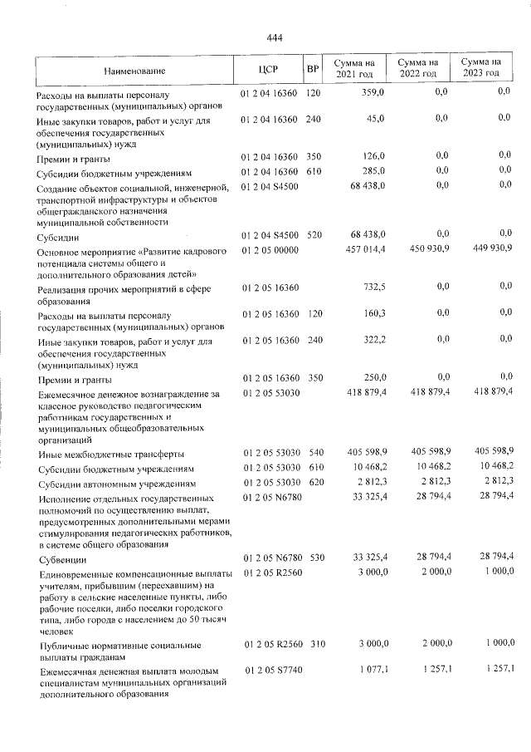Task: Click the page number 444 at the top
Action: tap(275, 37)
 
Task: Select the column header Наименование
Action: tap(135, 70)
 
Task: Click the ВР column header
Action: tap(313, 69)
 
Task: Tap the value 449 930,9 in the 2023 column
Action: tap(492, 248)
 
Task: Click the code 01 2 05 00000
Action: tap(270, 249)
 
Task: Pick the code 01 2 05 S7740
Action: tap(270, 670)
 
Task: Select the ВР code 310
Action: tap(313, 643)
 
